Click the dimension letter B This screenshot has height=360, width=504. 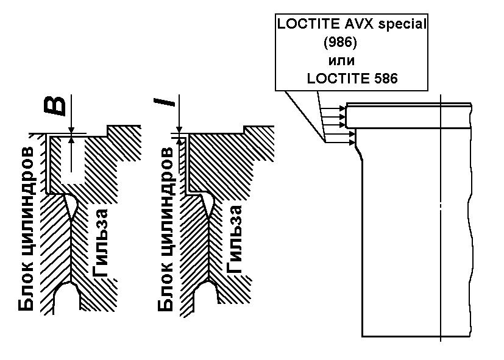(55, 105)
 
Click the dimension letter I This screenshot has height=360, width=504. (165, 102)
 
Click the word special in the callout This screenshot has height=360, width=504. (402, 24)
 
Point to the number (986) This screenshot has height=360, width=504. (341, 43)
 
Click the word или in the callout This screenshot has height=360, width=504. (341, 61)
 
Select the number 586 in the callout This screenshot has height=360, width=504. (386, 79)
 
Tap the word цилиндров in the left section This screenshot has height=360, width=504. (26, 205)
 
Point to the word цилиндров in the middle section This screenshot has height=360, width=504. (166, 206)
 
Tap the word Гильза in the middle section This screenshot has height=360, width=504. (234, 239)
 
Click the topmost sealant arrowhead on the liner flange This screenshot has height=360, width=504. (343, 109)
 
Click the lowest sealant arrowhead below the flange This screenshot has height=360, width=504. (352, 141)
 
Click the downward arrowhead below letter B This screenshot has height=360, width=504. (71, 129)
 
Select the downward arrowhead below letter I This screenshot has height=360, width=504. (179, 129)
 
